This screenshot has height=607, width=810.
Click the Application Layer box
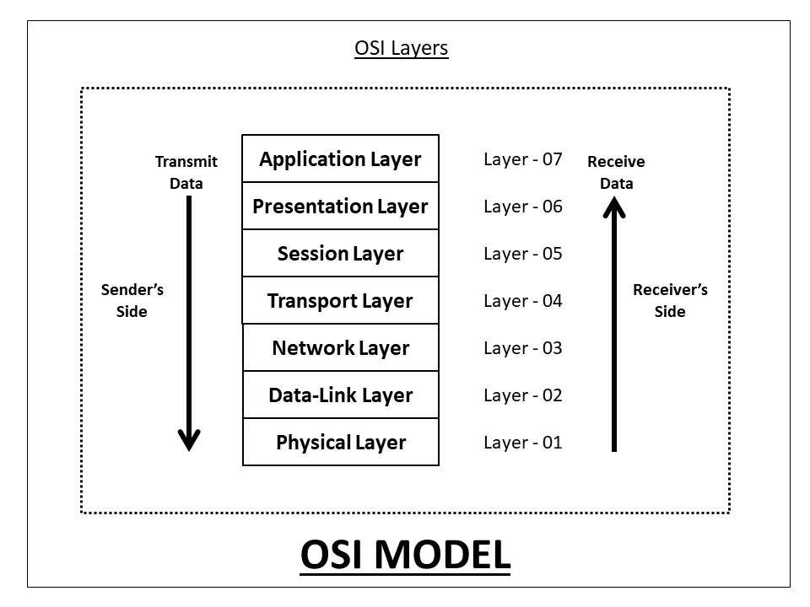(x=340, y=159)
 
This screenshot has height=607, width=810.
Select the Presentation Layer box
(x=340, y=207)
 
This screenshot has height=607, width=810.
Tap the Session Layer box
(x=340, y=254)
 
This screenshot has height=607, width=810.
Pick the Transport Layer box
(x=340, y=301)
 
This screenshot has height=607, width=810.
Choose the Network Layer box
(x=340, y=348)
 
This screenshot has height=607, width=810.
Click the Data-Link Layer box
(x=340, y=395)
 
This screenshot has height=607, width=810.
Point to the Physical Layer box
(x=340, y=443)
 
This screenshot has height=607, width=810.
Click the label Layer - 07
(x=522, y=159)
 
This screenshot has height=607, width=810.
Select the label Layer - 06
(x=522, y=207)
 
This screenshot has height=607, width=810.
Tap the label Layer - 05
(x=522, y=254)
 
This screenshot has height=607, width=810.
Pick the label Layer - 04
(x=522, y=301)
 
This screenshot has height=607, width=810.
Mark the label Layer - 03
(x=522, y=348)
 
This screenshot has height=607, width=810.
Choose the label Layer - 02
(x=522, y=395)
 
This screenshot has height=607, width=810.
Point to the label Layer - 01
(x=522, y=443)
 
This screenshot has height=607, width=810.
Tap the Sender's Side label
(x=132, y=301)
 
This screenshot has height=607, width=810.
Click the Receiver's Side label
(x=670, y=301)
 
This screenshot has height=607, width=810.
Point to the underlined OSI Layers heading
(x=402, y=49)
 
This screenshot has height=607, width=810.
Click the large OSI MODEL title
(x=405, y=555)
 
